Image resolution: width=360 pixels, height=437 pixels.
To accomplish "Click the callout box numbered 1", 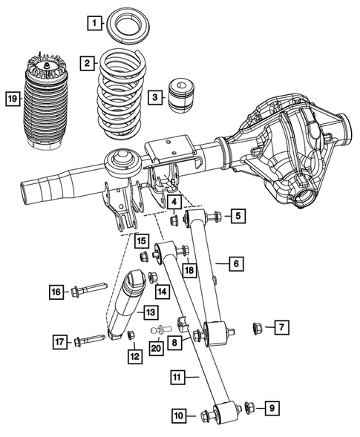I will coord(93,22).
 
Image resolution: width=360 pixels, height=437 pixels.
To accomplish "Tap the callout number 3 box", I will coord(154,96).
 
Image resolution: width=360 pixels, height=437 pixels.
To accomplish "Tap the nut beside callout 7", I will coord(258,326).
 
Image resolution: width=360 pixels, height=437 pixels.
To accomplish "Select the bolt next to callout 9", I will coord(249,406).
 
